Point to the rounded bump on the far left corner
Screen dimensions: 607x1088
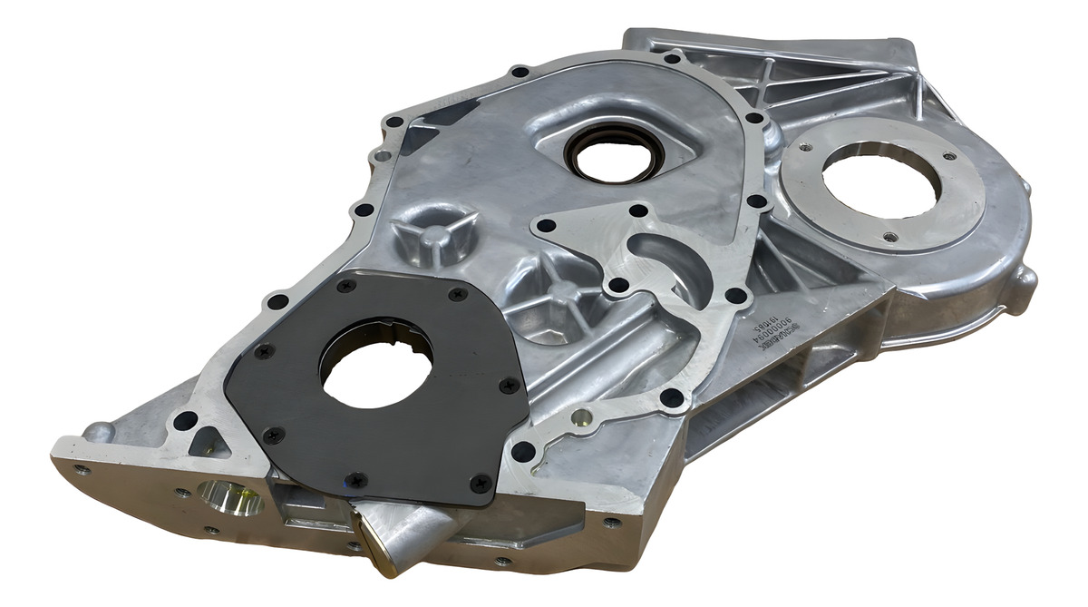pos(97,431)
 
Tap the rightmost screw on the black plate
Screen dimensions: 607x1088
pos(506,385)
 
